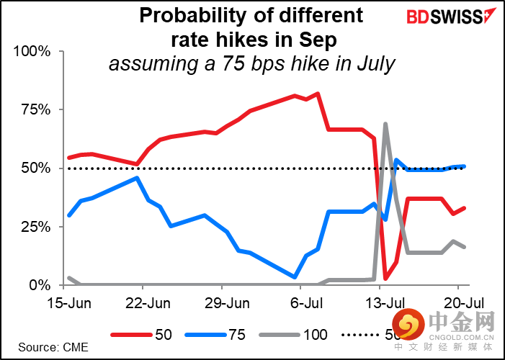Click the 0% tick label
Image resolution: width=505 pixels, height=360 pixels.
[39, 285]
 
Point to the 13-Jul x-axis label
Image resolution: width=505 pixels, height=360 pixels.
[378, 302]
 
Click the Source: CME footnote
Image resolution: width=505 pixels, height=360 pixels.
[53, 347]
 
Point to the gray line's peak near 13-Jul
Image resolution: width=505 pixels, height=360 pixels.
[386, 124]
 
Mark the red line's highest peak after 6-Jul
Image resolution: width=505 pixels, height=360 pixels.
[318, 94]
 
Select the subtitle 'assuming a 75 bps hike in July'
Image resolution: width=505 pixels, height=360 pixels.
[251, 63]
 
